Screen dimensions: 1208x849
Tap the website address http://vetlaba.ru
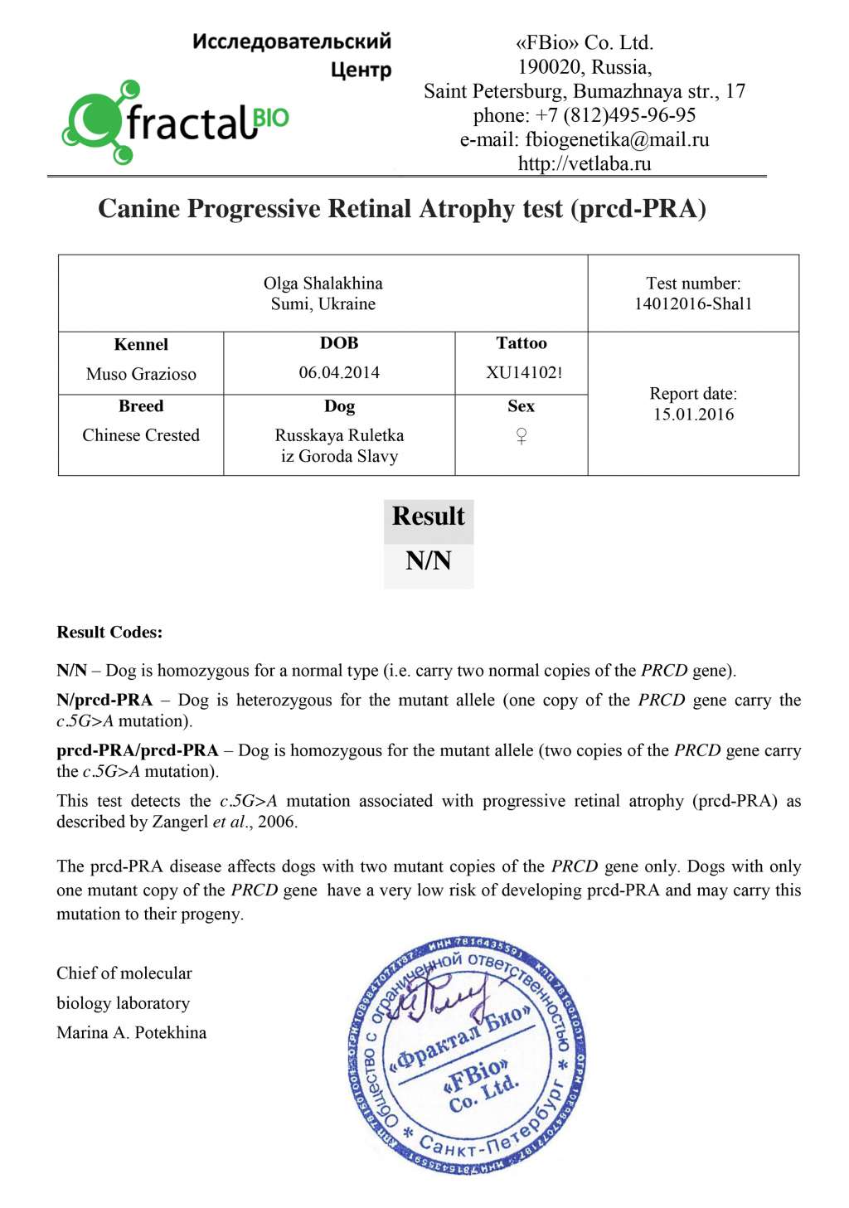pyautogui.click(x=585, y=163)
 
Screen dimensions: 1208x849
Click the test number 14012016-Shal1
pyautogui.click(x=693, y=303)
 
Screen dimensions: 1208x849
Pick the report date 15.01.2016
pyautogui.click(x=693, y=415)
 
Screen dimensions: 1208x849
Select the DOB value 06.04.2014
pyautogui.click(x=339, y=372)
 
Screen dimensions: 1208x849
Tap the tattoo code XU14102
pyautogui.click(x=521, y=372)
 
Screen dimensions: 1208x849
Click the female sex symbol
pyautogui.click(x=521, y=435)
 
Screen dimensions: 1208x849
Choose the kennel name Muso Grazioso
pyautogui.click(x=141, y=374)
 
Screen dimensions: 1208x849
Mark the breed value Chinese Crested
pyautogui.click(x=141, y=435)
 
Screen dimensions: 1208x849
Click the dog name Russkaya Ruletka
pyautogui.click(x=339, y=435)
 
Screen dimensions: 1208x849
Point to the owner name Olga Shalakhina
pyautogui.click(x=323, y=284)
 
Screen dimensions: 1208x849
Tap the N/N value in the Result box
pyautogui.click(x=429, y=561)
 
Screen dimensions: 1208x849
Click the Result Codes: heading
pyautogui.click(x=109, y=632)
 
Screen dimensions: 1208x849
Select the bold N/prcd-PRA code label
pyautogui.click(x=104, y=700)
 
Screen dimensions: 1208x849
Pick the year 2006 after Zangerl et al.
pyautogui.click(x=276, y=822)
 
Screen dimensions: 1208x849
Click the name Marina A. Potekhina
pyautogui.click(x=131, y=1032)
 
